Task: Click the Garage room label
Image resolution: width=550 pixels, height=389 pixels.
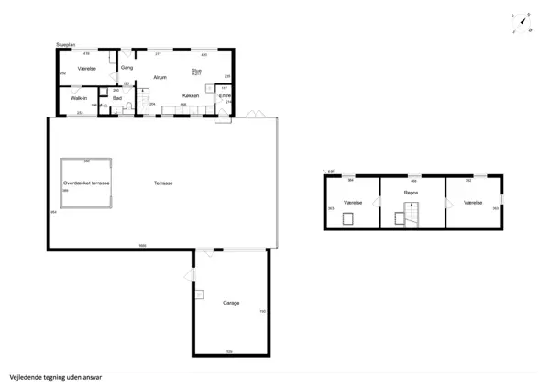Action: pos(231,303)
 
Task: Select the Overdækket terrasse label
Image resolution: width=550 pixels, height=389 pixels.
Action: pos(86,183)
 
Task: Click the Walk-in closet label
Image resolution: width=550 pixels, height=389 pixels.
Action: pos(79,98)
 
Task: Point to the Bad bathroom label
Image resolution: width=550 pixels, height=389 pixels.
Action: pos(117,98)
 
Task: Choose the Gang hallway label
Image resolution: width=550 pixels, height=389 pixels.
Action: pos(127,68)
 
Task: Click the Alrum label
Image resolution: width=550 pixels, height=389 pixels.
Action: pos(159,77)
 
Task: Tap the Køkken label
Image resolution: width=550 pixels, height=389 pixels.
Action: pos(191,95)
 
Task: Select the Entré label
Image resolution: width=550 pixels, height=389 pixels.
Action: pos(225,96)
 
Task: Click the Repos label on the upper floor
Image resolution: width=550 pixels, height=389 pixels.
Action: pos(412,194)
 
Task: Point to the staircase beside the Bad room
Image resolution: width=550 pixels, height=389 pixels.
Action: pos(143,95)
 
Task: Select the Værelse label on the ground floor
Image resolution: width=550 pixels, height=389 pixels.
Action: pos(88,68)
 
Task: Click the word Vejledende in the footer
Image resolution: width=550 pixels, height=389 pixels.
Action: pos(27,377)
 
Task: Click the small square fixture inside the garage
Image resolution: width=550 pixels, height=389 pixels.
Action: pos(198,295)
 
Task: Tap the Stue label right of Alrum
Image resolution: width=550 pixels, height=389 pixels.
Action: pos(196,70)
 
